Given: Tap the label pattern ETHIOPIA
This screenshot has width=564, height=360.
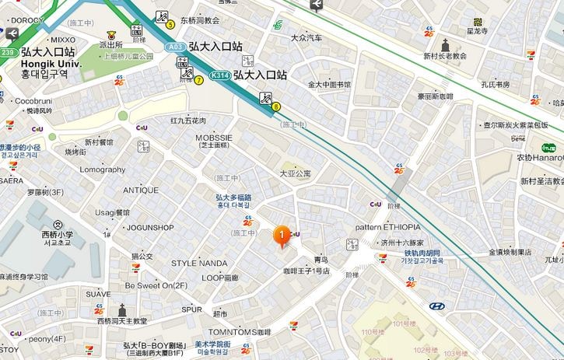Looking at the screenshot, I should (388, 227).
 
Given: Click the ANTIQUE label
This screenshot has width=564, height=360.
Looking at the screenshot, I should (140, 190).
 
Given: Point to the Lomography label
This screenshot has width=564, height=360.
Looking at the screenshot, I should (102, 170).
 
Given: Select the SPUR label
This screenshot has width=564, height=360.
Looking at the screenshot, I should (191, 309).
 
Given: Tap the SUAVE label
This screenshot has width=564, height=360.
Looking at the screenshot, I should (98, 294).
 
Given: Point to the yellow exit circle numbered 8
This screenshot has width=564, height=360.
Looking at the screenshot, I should (275, 107).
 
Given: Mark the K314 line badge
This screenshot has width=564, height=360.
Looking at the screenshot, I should (221, 75).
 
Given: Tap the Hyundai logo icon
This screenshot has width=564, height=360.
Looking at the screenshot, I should (437, 306).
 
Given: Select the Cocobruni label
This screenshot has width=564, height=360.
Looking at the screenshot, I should (33, 101).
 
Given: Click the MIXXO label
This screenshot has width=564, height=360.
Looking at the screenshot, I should (62, 39).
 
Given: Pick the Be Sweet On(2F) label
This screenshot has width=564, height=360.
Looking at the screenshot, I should (156, 285).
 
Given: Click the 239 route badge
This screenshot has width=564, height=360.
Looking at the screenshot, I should (8, 52).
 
